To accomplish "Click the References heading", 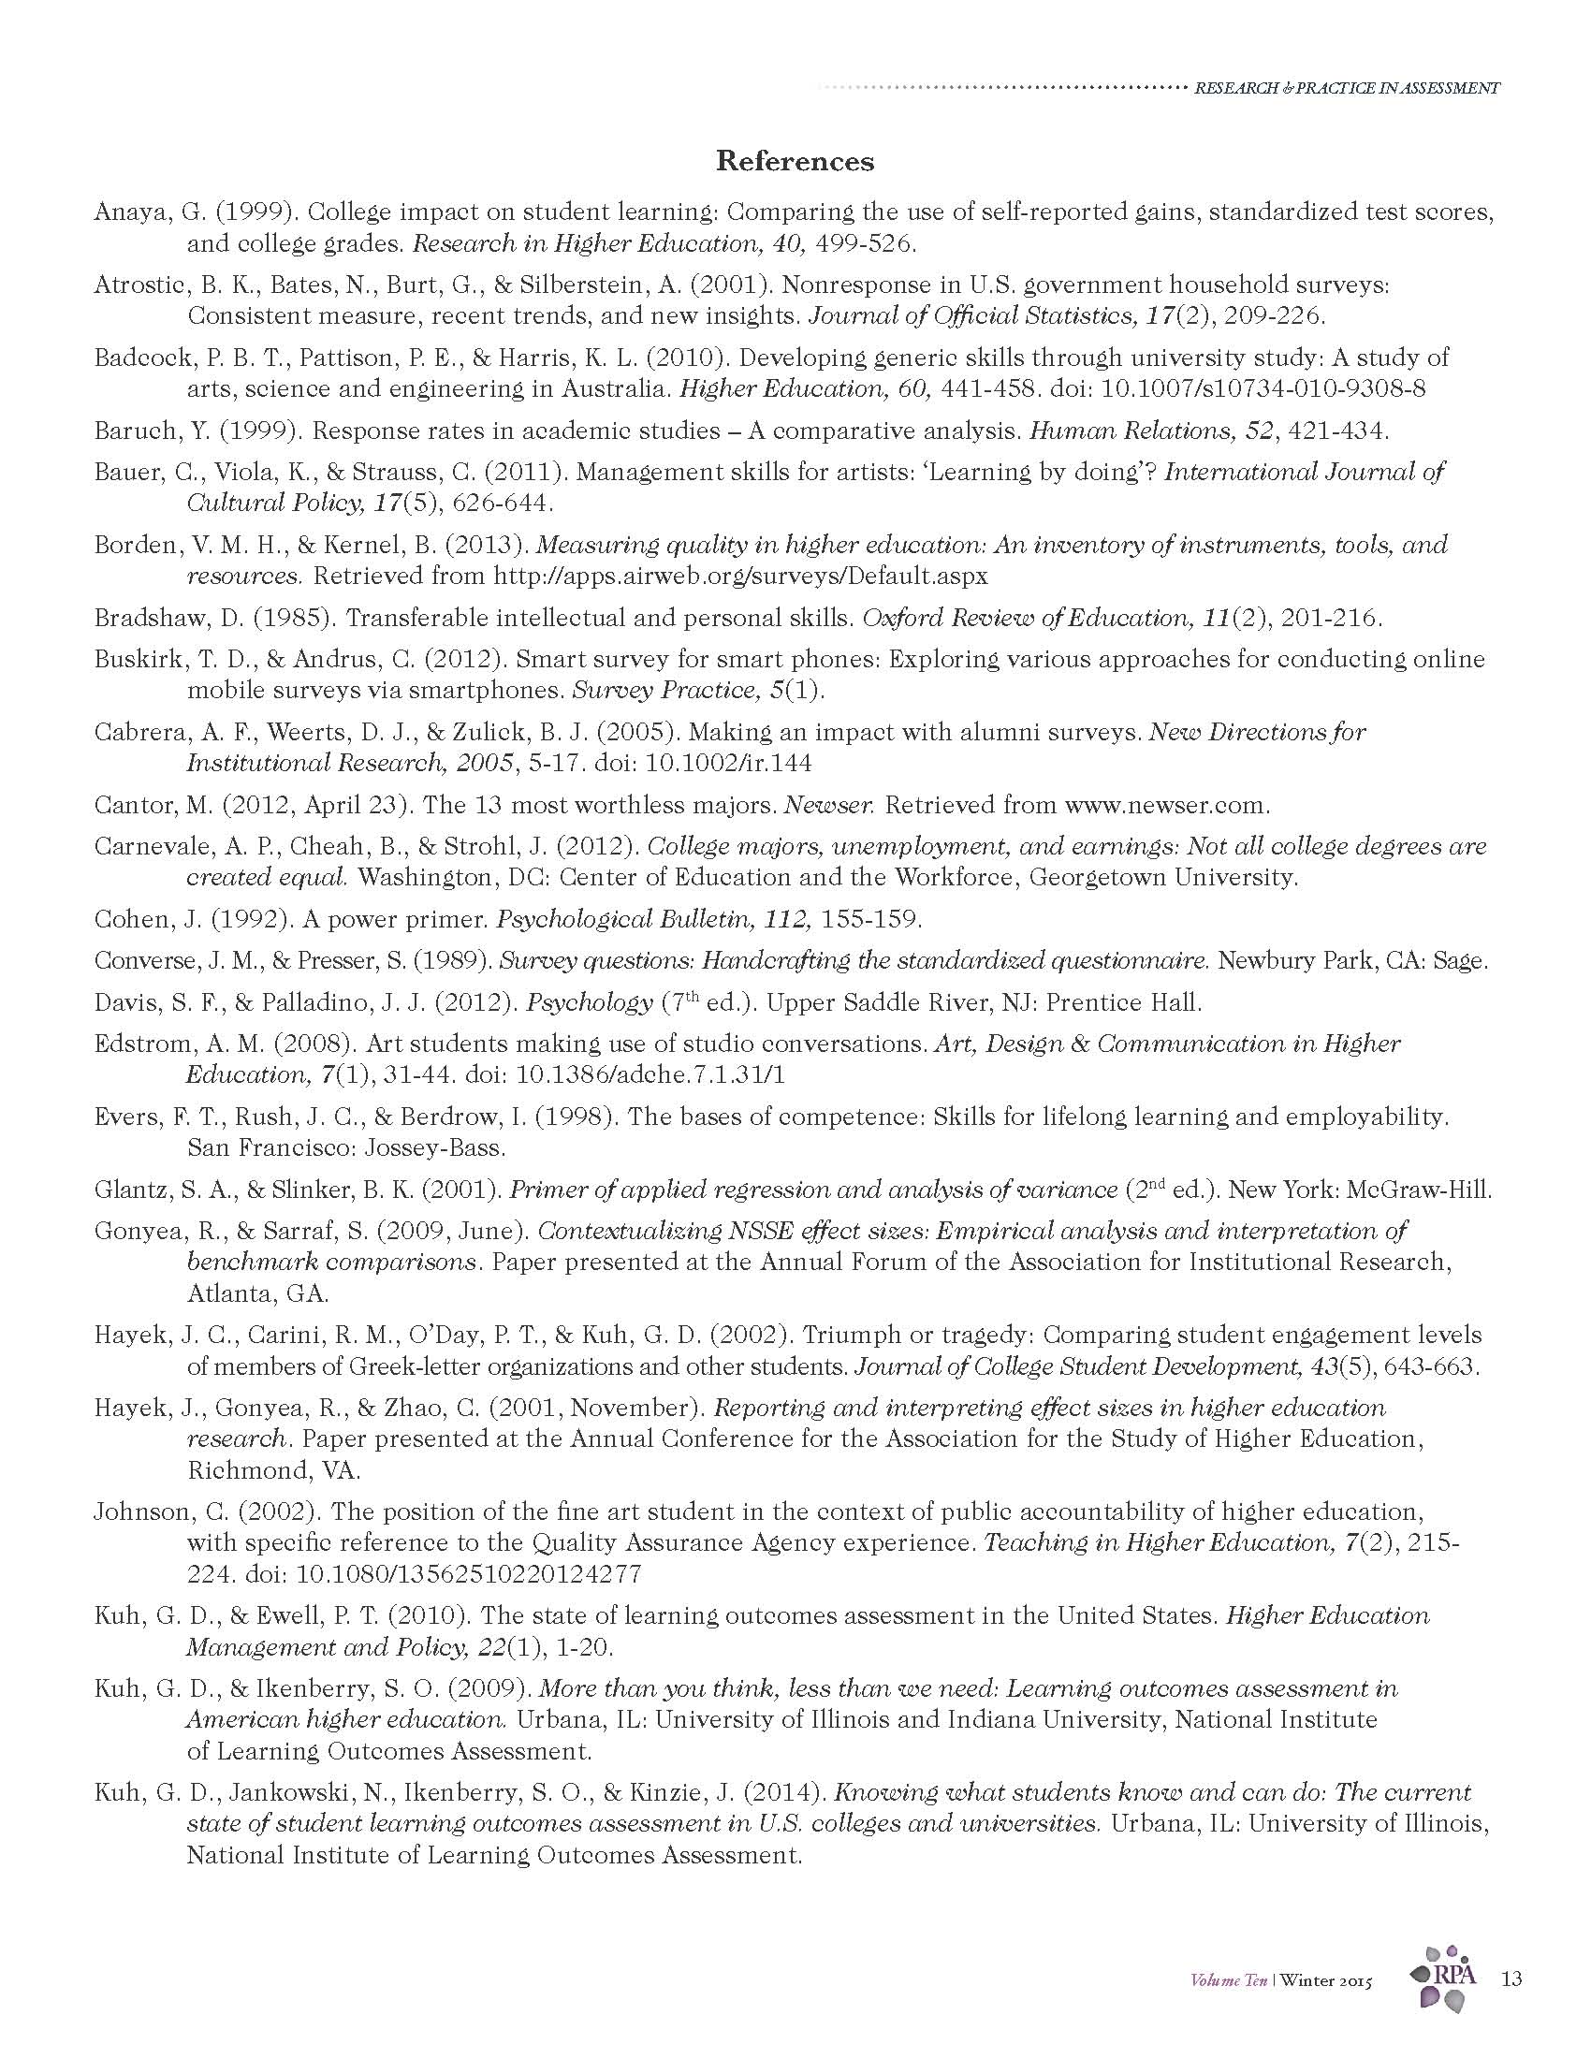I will [x=795, y=161].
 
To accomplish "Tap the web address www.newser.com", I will [x=1166, y=805].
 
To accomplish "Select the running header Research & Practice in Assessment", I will [x=1347, y=88].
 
